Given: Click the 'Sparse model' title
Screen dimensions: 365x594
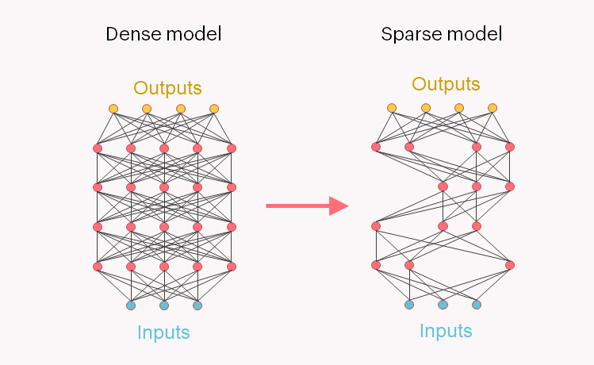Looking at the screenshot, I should tap(441, 34).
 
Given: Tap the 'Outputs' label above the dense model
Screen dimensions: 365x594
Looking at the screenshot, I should tap(167, 87).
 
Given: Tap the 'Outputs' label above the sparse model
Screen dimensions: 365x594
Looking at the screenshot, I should tap(446, 84).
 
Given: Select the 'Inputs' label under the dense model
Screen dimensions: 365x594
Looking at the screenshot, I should tap(163, 332).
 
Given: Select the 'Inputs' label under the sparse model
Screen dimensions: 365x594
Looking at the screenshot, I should tap(446, 330).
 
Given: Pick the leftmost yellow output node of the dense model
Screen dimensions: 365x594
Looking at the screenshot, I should tap(113, 109).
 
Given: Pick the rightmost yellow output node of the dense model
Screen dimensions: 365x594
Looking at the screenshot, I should tap(214, 109).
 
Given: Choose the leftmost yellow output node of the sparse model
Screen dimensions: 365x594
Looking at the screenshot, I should tap(392, 108).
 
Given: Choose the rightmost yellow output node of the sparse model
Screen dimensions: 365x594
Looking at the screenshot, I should tap(492, 108).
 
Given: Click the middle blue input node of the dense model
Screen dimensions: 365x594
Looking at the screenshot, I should tap(164, 305).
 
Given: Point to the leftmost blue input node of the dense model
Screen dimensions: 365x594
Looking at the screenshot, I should tap(131, 305).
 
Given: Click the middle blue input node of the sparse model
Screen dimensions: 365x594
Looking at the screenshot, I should tap(443, 304).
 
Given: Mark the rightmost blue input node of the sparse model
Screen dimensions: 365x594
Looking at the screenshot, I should tap(477, 304).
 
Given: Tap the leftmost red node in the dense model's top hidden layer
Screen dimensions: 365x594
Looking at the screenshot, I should tap(98, 148).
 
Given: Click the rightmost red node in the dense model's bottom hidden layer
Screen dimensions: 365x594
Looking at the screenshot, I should tap(232, 267).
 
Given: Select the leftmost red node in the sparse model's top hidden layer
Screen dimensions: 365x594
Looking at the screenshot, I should tap(376, 147).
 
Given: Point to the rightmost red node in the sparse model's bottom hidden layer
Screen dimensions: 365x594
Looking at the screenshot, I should tap(510, 265).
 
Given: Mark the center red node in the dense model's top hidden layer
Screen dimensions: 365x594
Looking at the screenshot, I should tap(164, 148).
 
